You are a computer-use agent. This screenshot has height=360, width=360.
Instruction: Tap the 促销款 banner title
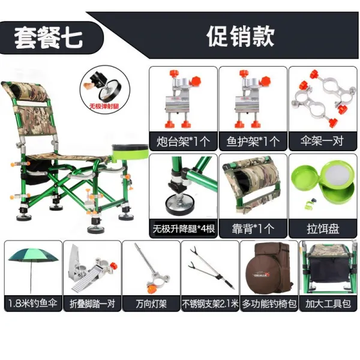241,36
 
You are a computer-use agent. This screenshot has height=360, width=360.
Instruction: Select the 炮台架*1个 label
183,142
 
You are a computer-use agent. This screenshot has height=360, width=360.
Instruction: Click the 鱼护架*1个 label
253,142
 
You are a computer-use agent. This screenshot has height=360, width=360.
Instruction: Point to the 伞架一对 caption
322,141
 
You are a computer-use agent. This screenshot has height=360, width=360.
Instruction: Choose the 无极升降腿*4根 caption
184,229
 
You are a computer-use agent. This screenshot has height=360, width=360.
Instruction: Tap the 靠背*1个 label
253,229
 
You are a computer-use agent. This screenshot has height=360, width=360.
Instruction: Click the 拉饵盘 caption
323,229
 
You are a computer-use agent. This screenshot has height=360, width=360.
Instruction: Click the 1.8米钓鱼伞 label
33,304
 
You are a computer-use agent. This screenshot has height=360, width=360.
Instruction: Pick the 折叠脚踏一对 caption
92,304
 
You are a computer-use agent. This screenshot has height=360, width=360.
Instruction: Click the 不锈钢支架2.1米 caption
210,304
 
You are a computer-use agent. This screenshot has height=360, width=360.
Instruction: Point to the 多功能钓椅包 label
269,304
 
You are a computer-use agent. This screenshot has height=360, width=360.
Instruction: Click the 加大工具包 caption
328,304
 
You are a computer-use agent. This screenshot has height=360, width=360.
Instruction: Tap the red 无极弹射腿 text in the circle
104,106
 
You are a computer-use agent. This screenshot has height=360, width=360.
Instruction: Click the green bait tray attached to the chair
130,151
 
